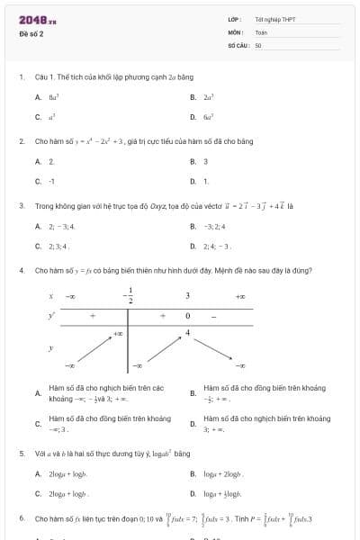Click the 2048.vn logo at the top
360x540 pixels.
[37, 20]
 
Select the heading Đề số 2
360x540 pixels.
[31, 34]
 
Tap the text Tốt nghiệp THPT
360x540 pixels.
[275, 19]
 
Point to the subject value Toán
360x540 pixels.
[261, 31]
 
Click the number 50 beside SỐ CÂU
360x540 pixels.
[258, 44]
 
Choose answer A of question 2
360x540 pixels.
[51, 161]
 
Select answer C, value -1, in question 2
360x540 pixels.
[51, 181]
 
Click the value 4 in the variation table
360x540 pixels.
[188, 333]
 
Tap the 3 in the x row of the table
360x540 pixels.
[187, 295]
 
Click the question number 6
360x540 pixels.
[21, 519]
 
